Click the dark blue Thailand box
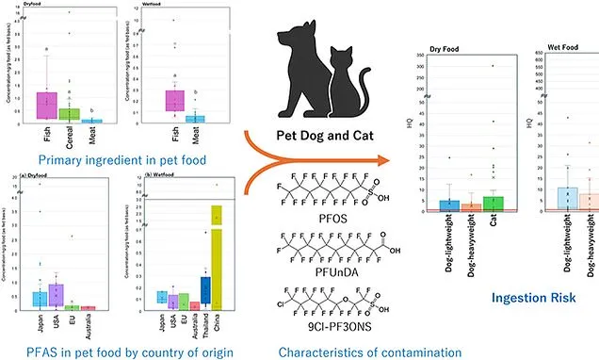205,289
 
